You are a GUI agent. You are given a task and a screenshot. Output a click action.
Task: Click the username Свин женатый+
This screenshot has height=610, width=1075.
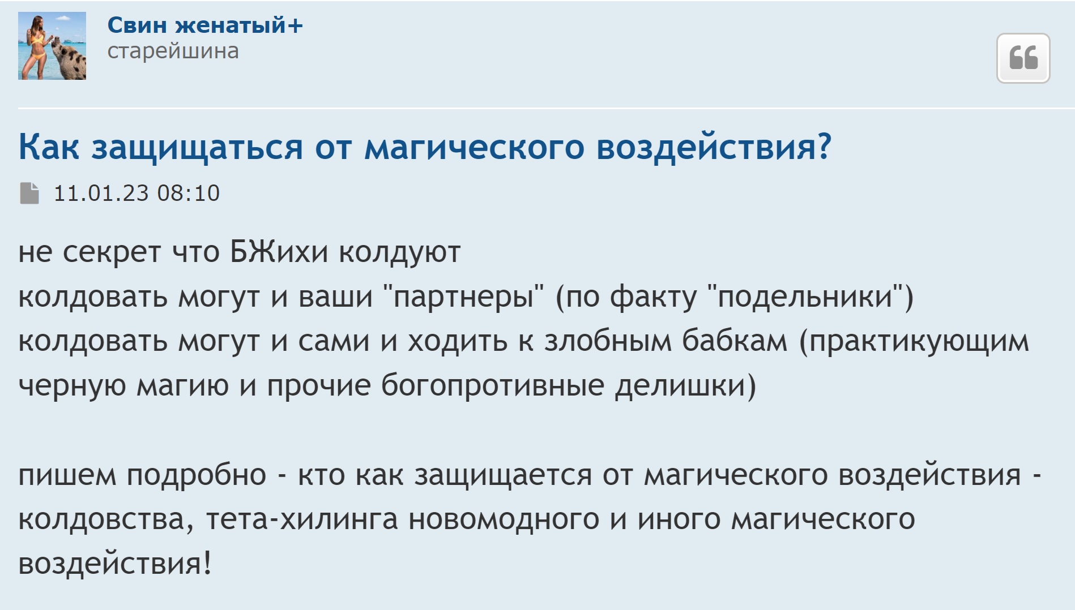click(205, 25)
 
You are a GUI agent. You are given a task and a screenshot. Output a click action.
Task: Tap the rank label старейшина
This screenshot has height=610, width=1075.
click(173, 51)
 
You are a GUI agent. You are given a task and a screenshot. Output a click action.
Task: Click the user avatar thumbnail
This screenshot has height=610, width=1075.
click(52, 46)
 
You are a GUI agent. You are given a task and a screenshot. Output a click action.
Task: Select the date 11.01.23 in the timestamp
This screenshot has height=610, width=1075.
click(101, 194)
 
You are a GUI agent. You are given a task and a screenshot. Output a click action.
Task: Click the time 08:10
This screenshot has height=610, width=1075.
click(189, 194)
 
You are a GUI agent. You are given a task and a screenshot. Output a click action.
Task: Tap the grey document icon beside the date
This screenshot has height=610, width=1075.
click(29, 193)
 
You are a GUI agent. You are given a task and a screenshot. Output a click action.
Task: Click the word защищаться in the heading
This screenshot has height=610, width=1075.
click(197, 148)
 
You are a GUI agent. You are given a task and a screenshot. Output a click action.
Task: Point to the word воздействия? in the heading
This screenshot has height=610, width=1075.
click(714, 148)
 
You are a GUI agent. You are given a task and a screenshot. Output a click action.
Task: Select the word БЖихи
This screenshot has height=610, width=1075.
click(279, 252)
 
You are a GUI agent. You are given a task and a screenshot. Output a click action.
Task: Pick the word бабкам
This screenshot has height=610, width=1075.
click(735, 341)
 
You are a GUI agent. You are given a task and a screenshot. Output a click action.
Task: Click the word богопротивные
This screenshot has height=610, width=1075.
click(493, 386)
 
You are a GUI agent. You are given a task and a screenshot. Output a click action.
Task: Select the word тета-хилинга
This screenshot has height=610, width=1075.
click(302, 519)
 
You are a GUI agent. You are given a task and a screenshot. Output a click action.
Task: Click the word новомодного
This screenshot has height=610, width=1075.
click(504, 519)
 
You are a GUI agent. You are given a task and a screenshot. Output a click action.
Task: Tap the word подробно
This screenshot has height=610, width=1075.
click(197, 475)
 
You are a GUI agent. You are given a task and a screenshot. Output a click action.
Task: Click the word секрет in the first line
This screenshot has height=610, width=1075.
click(112, 252)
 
